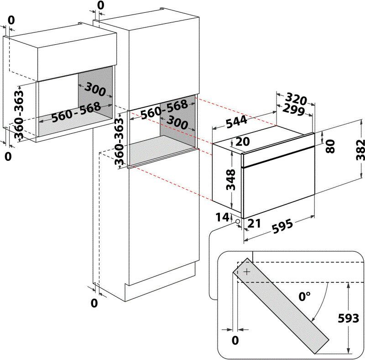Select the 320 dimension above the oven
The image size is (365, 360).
296,99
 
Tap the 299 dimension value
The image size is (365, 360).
294,110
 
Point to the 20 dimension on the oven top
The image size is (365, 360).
243,142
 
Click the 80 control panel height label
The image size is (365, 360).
331,146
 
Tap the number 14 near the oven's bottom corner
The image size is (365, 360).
222,217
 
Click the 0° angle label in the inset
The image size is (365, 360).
304,296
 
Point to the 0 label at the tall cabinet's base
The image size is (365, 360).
94,303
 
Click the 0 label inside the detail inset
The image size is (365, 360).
235,340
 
